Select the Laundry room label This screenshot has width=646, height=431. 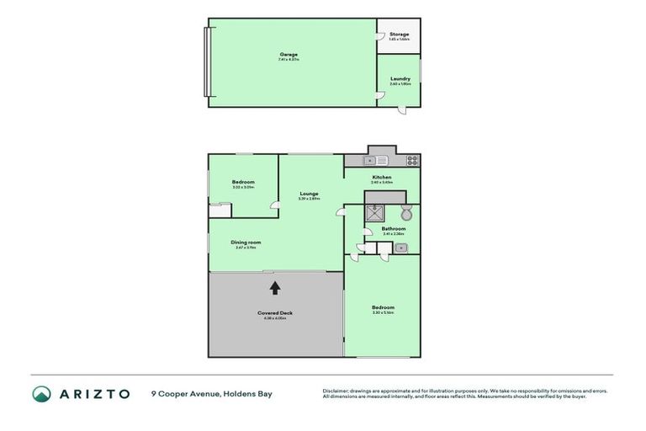tap(400, 79)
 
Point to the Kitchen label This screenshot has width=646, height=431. tap(382, 178)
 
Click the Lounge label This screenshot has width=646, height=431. tap(309, 194)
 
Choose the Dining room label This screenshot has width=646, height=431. tap(246, 242)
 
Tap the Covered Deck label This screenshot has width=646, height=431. tap(274, 313)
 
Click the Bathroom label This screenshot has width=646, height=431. tap(393, 229)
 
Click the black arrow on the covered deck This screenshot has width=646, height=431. tap(274, 288)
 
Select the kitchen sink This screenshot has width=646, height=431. tap(375, 160)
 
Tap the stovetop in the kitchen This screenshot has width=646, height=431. tap(412, 160)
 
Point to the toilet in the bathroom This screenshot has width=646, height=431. tap(406, 213)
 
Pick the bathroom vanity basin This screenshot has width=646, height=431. tap(400, 248)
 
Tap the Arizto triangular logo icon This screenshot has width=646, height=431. tap(41, 394)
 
